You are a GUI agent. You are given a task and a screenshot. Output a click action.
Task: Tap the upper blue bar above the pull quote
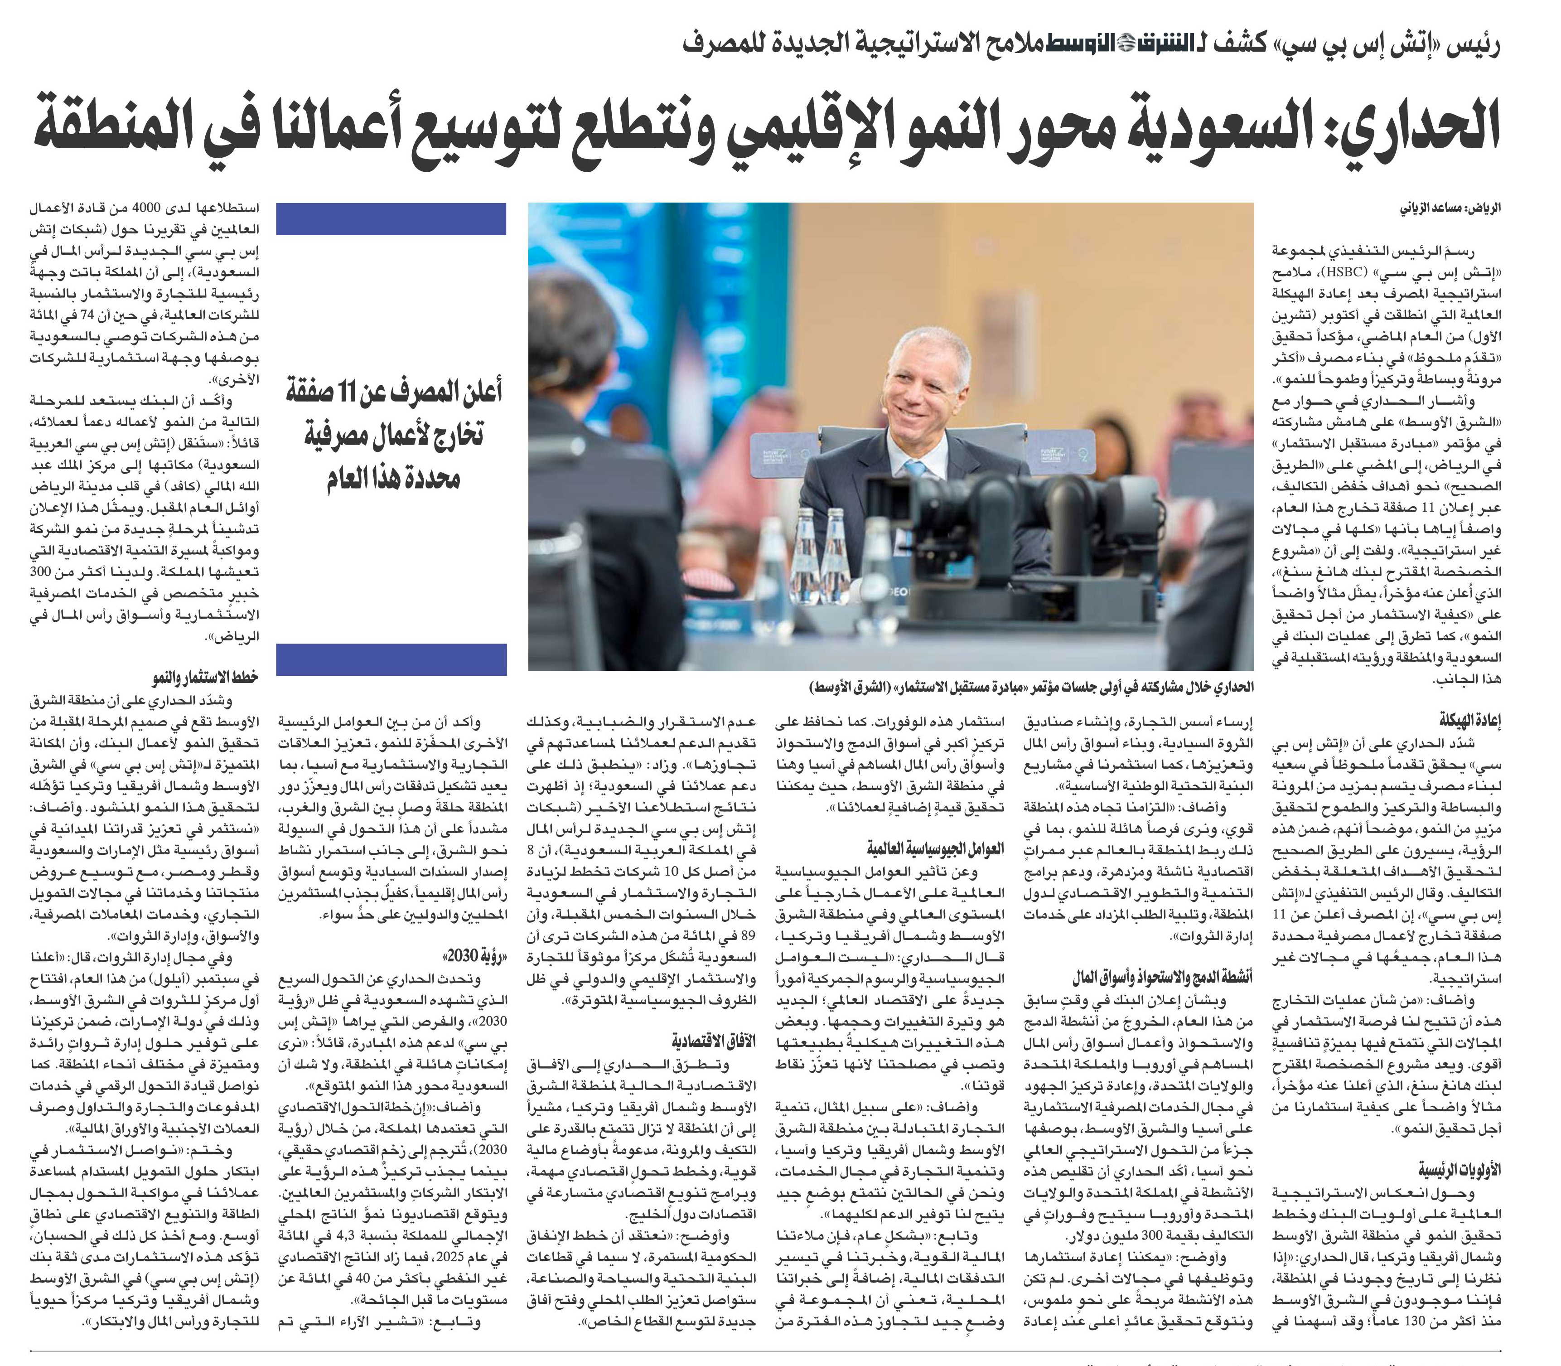coord(391,219)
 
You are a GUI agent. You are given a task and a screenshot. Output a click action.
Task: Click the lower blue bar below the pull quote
coord(391,659)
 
